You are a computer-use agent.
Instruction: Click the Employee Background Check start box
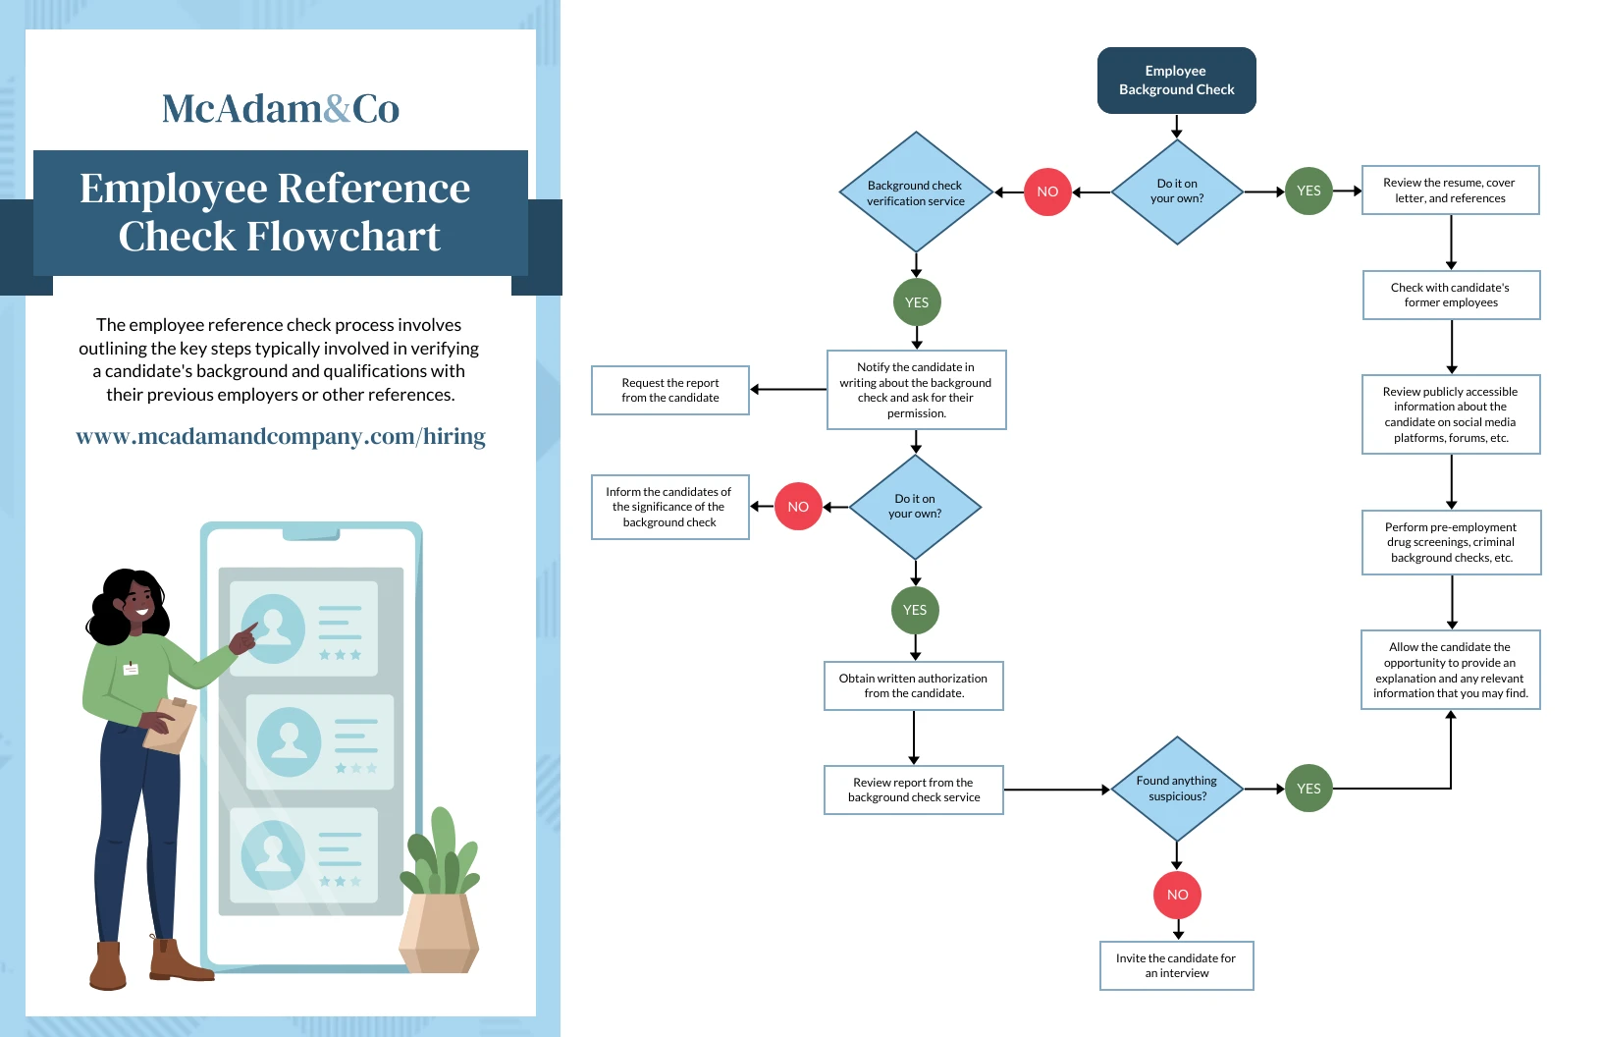pyautogui.click(x=1176, y=81)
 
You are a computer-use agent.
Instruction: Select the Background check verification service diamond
pyautogui.click(x=916, y=192)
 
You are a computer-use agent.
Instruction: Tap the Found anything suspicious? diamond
pyautogui.click(x=1176, y=789)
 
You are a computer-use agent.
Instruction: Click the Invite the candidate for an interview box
pyautogui.click(x=1176, y=965)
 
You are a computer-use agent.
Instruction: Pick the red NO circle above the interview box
pyautogui.click(x=1177, y=895)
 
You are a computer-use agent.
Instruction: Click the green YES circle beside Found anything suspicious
pyautogui.click(x=1308, y=789)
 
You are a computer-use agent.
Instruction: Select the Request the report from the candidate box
pyautogui.click(x=670, y=391)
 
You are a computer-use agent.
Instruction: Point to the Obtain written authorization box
pyautogui.click(x=913, y=685)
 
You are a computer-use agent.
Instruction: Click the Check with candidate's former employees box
pyautogui.click(x=1450, y=295)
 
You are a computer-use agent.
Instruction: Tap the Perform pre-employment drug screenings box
pyautogui.click(x=1451, y=542)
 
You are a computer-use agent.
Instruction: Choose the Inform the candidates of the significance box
pyautogui.click(x=669, y=507)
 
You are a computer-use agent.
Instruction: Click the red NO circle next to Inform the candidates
pyautogui.click(x=798, y=507)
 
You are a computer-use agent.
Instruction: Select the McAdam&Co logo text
pyautogui.click(x=280, y=109)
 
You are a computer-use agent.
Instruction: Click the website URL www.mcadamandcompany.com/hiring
pyautogui.click(x=281, y=436)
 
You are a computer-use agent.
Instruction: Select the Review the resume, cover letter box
pyautogui.click(x=1450, y=191)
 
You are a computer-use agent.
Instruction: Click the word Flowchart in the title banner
pyautogui.click(x=343, y=237)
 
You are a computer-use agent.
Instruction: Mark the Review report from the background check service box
pyautogui.click(x=913, y=790)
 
